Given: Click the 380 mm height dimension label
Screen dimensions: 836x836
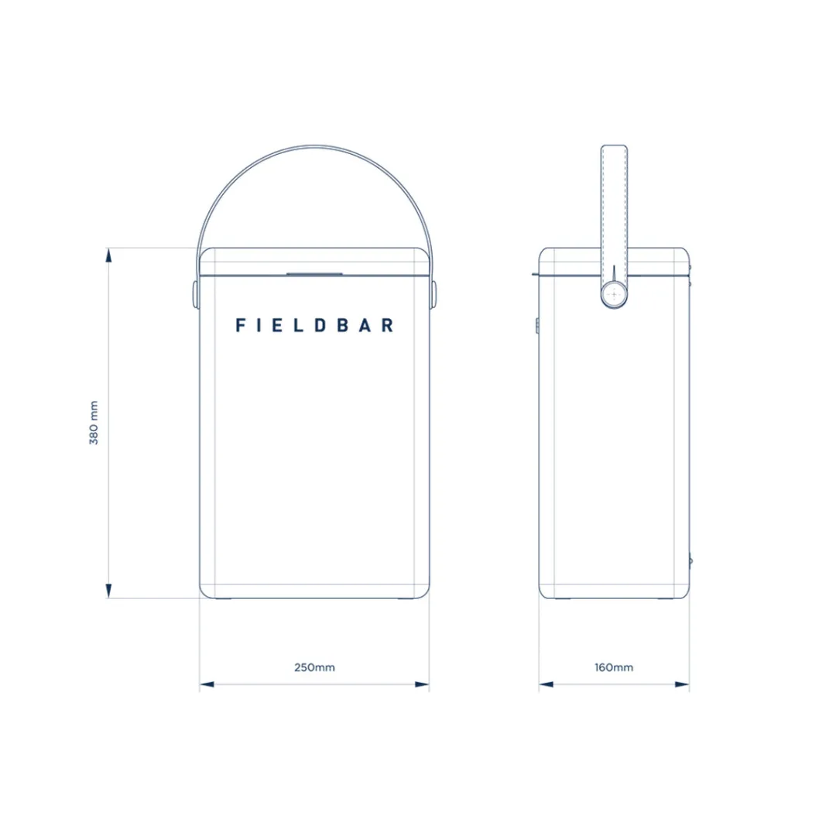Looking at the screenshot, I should tap(93, 423).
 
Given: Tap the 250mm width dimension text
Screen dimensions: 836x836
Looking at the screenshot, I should tap(314, 667).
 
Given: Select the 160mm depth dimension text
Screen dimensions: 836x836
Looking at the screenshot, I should tap(614, 667).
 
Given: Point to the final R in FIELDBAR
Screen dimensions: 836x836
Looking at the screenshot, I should tap(387, 325).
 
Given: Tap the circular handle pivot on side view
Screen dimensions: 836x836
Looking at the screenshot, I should tap(614, 294).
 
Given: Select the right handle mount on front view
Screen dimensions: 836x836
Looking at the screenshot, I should tap(433, 292).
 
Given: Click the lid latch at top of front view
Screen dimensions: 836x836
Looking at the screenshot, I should tap(314, 272).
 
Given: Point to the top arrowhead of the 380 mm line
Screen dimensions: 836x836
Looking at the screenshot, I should tap(109, 254).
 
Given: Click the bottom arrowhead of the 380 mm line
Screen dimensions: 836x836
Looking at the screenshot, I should tap(109, 591).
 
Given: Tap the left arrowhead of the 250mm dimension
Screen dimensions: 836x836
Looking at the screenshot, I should tap(206, 684).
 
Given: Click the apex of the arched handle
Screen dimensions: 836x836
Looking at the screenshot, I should tap(314, 145).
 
